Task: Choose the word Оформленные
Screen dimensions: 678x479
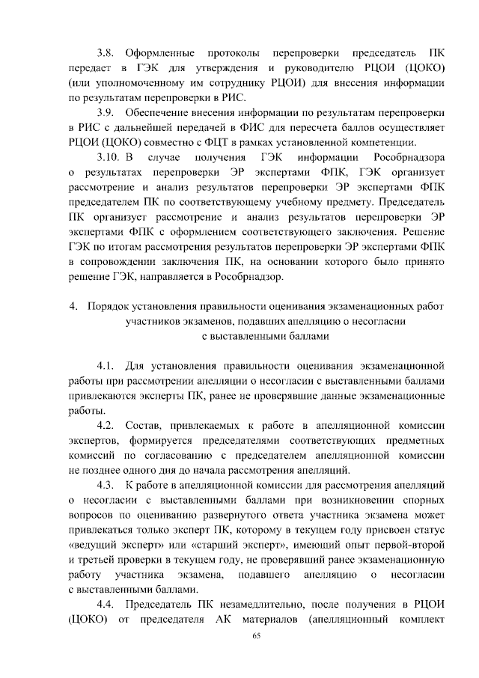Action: pyautogui.click(x=155, y=54)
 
